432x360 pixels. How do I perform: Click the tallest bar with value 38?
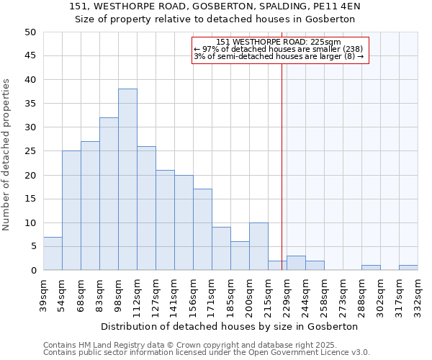coord(127,180)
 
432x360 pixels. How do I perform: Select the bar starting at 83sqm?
coord(109,194)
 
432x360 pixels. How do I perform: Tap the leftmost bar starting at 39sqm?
coord(53,253)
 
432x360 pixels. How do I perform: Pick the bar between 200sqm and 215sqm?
coord(258,246)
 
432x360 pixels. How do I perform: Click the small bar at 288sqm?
coord(371,268)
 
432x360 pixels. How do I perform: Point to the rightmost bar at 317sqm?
coord(408,268)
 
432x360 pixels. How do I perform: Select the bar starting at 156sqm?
coord(202,230)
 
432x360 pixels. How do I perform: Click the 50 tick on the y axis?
coord(30,32)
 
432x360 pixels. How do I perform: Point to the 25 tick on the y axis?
coord(30,151)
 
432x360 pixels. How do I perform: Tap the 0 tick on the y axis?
coord(33,271)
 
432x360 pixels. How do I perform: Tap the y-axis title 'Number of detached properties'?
coord(6,156)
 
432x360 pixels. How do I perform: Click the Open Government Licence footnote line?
coord(207,353)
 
